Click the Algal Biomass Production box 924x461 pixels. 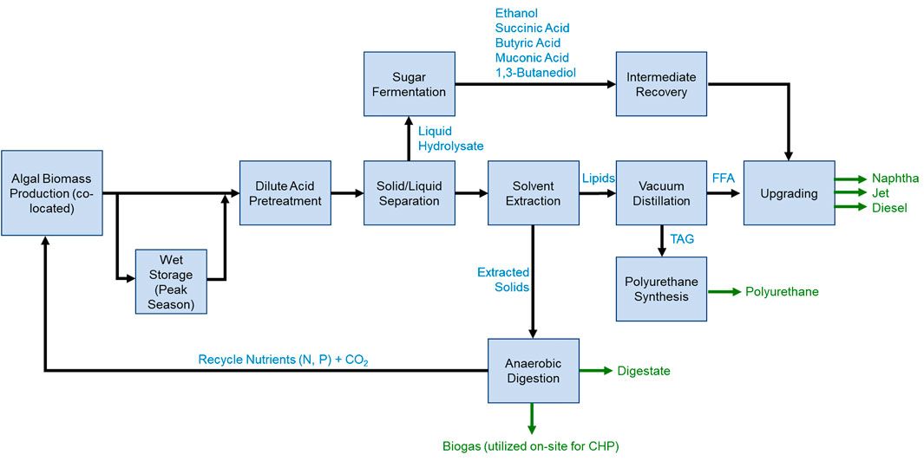(x=52, y=193)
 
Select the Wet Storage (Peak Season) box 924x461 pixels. (x=170, y=282)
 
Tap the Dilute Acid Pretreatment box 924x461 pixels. (x=285, y=193)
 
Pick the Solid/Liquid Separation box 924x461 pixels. (x=409, y=193)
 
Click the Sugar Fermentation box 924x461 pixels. (x=409, y=84)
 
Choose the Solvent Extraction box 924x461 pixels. (x=533, y=193)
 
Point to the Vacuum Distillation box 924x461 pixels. (x=661, y=193)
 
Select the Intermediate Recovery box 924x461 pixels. (x=661, y=84)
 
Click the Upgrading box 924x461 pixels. (x=789, y=193)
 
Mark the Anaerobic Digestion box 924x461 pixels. (x=533, y=371)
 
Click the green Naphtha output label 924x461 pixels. (x=895, y=179)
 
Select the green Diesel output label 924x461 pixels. (x=889, y=208)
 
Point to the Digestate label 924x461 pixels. (x=643, y=372)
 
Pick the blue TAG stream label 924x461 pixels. (x=682, y=237)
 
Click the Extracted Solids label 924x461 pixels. (x=503, y=280)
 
